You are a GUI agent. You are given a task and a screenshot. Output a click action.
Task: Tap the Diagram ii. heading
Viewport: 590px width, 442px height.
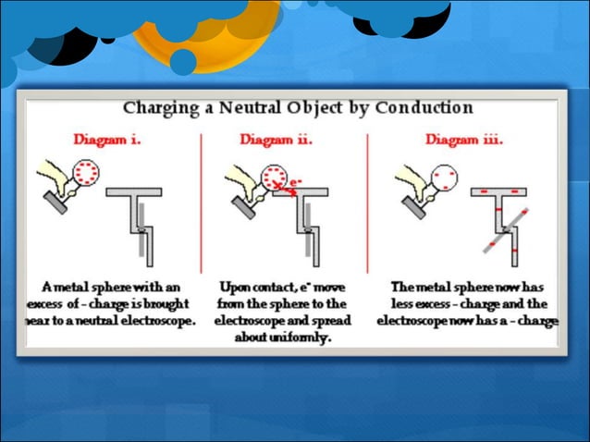tap(276, 140)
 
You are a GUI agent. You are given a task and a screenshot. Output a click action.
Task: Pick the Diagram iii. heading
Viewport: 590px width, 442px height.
tap(464, 140)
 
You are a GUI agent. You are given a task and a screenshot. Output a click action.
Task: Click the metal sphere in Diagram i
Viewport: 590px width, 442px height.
tap(87, 171)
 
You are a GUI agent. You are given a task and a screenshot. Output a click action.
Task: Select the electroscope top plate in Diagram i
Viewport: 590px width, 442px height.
tap(133, 192)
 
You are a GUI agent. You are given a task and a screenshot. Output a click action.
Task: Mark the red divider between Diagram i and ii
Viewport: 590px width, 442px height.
tap(201, 203)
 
